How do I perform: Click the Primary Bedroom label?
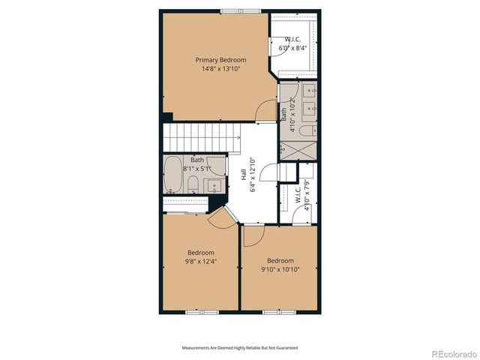coord(220,60)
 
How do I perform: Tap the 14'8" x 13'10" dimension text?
coord(220,69)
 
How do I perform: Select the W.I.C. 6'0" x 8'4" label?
coord(293,43)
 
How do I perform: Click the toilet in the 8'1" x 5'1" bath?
coord(193,184)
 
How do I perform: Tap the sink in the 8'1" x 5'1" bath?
coord(214,184)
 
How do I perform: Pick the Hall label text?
coord(244,173)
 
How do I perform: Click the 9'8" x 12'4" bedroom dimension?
coord(201,261)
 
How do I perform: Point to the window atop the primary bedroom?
coord(241,10)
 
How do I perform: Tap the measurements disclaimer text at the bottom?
coord(240,348)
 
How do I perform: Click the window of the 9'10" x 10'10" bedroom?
coord(274,310)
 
